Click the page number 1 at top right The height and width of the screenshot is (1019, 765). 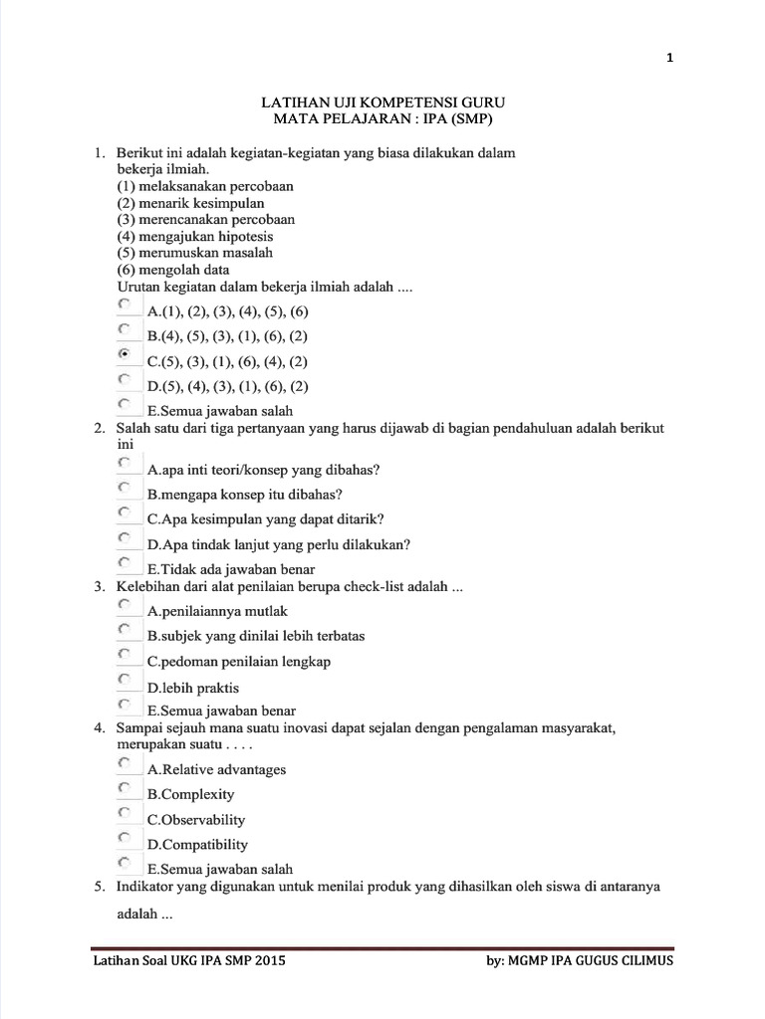tap(670, 58)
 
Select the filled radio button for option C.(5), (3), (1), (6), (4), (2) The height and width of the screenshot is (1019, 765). tap(124, 354)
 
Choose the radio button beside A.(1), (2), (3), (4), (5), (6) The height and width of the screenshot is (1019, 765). tap(124, 304)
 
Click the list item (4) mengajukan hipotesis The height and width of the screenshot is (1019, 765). tap(195, 237)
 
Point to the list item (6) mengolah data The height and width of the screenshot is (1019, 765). tap(173, 270)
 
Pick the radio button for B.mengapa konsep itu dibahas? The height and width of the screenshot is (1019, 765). tap(124, 488)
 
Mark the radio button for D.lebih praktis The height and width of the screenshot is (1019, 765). tap(124, 681)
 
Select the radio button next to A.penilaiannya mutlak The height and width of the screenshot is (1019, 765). tap(124, 604)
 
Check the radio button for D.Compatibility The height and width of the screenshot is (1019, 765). tap(124, 838)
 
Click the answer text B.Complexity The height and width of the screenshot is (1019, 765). tap(191, 794)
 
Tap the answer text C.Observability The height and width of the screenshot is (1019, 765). tap(196, 820)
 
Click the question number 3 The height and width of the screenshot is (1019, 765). tap(100, 587)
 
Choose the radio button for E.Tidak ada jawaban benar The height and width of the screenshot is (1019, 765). tap(124, 563)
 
